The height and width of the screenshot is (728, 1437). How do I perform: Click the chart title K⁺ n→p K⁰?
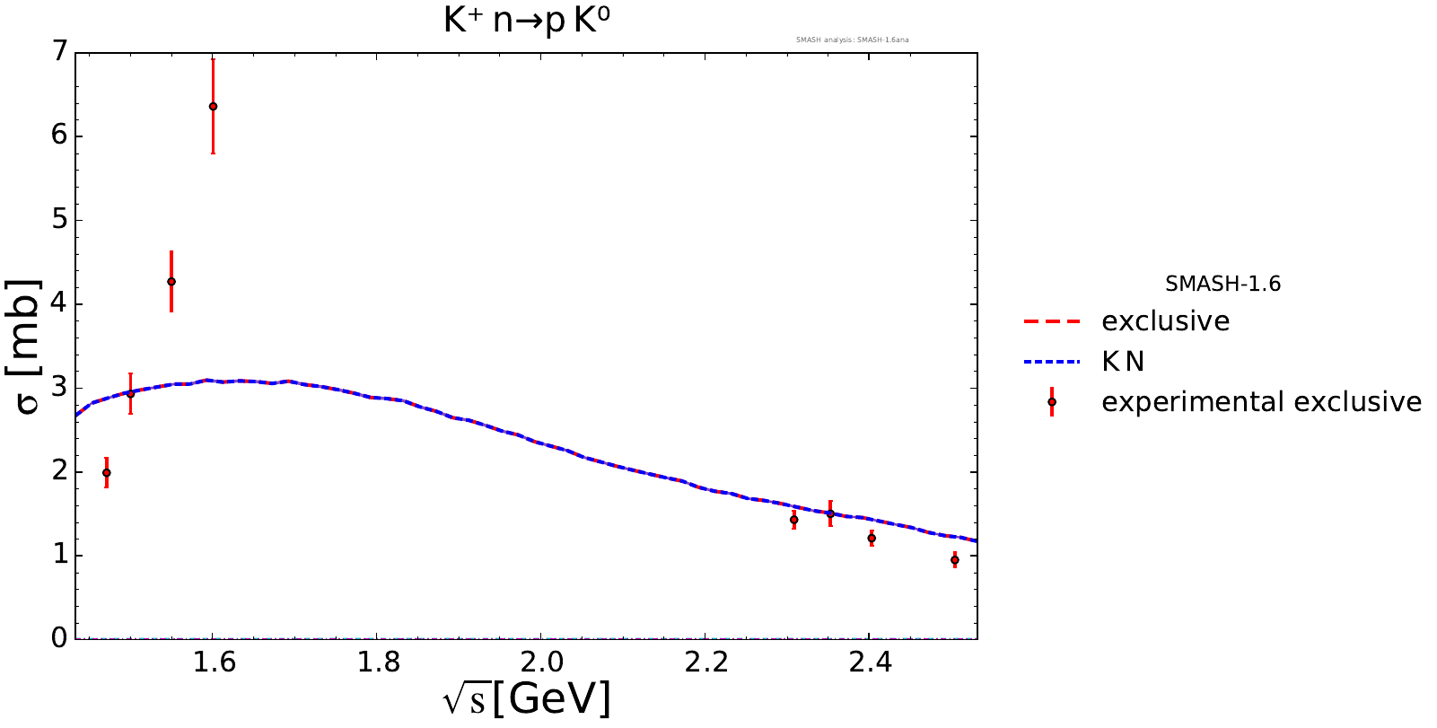[527, 21]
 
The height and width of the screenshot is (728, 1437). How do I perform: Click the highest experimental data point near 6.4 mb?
[213, 106]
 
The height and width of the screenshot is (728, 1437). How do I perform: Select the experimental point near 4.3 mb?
[171, 281]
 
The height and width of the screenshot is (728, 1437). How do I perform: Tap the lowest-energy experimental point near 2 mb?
[107, 472]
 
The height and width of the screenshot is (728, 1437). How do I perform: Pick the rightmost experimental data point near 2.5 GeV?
[954, 559]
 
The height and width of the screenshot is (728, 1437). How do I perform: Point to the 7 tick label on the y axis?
[60, 52]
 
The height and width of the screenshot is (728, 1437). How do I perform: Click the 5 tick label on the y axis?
[60, 220]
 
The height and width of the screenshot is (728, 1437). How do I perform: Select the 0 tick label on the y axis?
[60, 638]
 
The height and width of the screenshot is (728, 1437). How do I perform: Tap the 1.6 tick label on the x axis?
[213, 663]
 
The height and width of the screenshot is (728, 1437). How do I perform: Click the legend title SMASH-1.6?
[1222, 285]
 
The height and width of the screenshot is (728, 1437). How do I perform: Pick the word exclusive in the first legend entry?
[1165, 321]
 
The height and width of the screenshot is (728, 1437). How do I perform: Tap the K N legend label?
[1123, 362]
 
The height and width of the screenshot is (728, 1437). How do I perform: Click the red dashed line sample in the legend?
[1051, 321]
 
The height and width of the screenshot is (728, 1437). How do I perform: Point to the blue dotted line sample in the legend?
[1051, 362]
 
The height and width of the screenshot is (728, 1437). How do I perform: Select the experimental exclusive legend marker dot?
[1051, 402]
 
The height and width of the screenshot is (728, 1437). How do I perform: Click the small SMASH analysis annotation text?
[852, 39]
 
